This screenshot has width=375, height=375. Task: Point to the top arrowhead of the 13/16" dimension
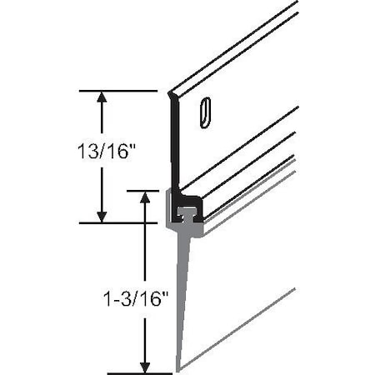point(102,97)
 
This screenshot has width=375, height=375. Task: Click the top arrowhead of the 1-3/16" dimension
point(146,197)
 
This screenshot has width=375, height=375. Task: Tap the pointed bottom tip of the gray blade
point(177,369)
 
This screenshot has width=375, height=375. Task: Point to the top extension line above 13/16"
point(117,90)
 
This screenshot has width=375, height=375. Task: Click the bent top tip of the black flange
point(170,94)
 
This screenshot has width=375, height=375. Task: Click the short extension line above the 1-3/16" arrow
point(142,191)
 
